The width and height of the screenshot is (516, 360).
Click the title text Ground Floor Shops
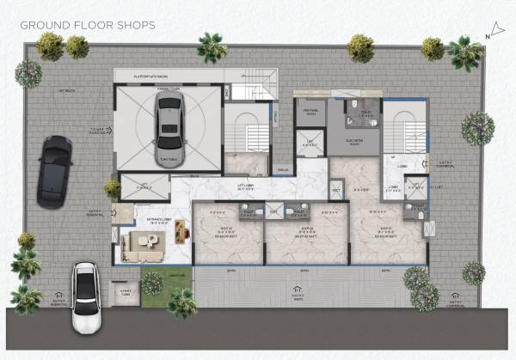88,25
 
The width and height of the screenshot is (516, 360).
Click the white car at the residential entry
86,297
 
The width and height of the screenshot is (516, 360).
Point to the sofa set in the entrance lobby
141,245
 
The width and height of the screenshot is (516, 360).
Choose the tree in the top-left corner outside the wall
28,73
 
